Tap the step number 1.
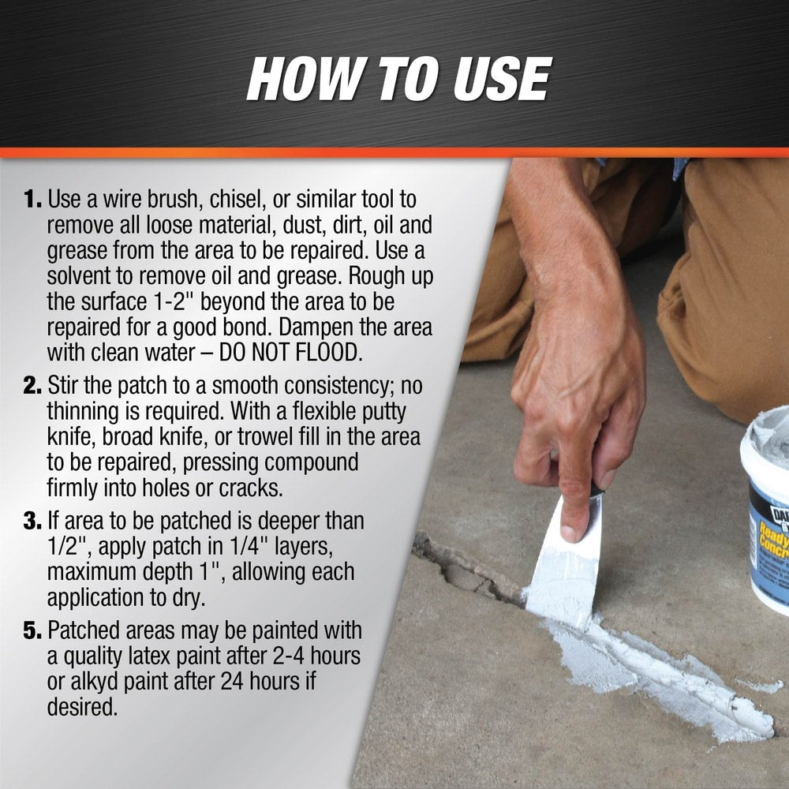click(x=32, y=200)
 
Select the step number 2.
click(x=32, y=386)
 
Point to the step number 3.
click(x=32, y=521)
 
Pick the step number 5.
click(x=32, y=631)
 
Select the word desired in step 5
click(x=82, y=707)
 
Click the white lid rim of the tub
click(x=761, y=448)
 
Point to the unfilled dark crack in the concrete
click(x=468, y=569)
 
